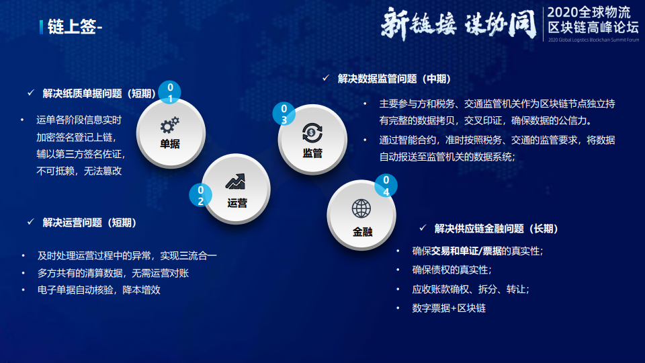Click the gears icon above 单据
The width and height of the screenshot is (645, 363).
click(169, 125)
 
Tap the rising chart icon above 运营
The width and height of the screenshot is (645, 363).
click(235, 182)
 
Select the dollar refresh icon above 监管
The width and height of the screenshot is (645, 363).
click(312, 132)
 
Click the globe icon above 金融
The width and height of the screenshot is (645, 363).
click(361, 208)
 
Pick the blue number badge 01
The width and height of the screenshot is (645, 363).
click(169, 92)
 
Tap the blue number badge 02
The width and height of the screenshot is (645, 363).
click(200, 195)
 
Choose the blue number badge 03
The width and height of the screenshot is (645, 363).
click(284, 114)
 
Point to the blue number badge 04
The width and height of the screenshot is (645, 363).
click(386, 186)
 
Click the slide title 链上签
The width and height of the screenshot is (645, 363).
click(72, 27)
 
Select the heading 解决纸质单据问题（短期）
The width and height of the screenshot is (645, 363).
click(99, 93)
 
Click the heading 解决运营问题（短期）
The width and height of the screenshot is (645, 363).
click(89, 223)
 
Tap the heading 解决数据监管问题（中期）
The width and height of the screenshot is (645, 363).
click(394, 79)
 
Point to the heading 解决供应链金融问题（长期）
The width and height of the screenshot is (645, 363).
click(496, 229)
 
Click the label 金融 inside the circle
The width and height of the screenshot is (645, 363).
click(362, 232)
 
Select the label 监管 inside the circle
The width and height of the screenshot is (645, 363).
click(312, 153)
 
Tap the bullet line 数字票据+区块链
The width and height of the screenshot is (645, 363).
click(449, 309)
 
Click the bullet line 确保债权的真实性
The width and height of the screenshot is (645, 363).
click(451, 270)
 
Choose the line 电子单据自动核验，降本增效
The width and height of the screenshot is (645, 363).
click(99, 290)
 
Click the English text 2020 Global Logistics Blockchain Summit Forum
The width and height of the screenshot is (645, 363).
click(593, 40)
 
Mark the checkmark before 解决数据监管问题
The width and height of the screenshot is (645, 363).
click(326, 78)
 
